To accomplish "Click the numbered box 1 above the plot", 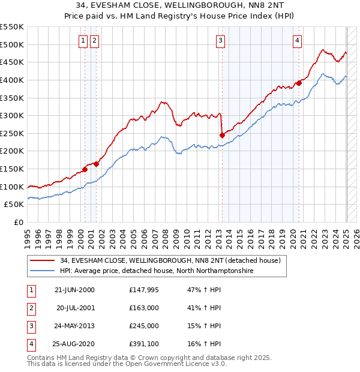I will [82, 41].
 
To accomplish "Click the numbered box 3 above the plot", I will [221, 41].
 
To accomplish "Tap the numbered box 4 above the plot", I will [297, 41].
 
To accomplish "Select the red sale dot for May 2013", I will [222, 135].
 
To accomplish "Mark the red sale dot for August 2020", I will [299, 83].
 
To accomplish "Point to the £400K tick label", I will [13, 80].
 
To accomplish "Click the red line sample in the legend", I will [42, 260].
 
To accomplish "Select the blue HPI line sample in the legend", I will [42, 271].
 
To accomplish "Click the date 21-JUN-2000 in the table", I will [74, 290].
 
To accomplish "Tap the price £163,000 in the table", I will [144, 308].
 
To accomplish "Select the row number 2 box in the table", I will [30, 308].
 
